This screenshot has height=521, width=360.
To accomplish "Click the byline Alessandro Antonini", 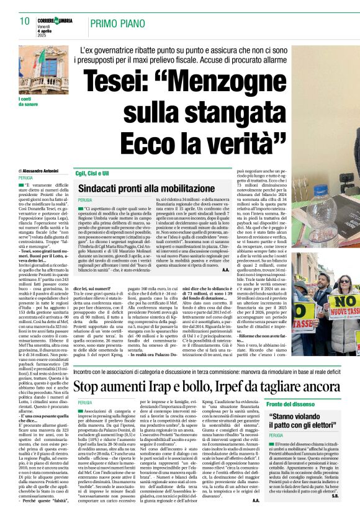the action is (x=41, y=170).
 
